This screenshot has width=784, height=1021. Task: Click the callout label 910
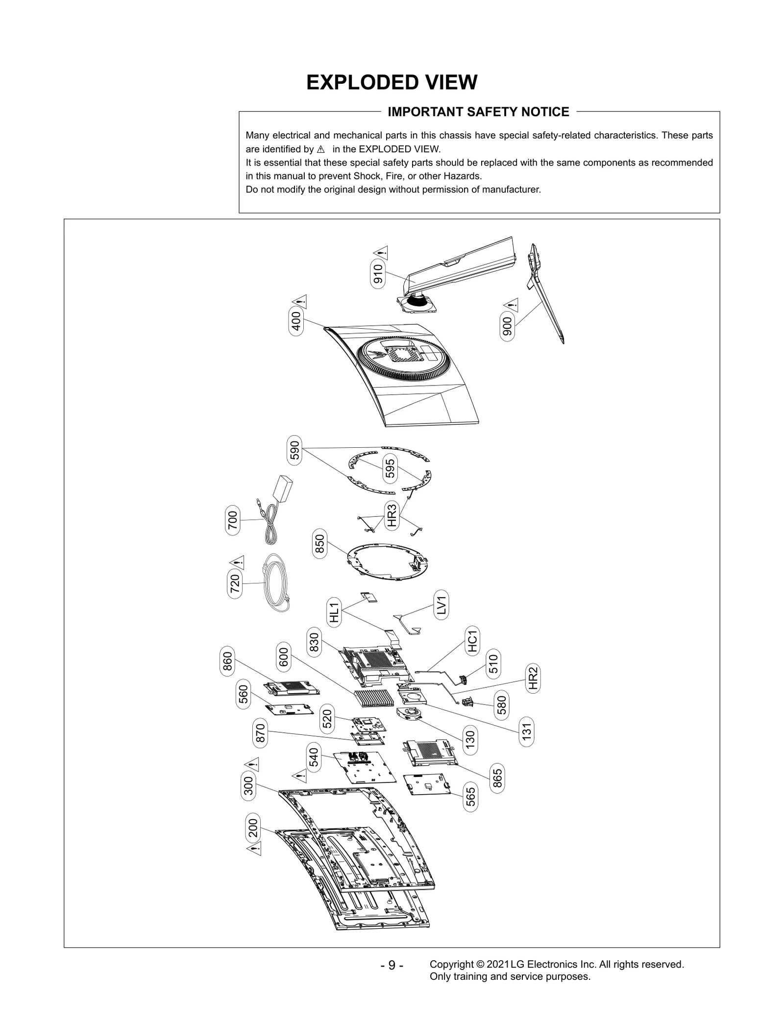[378, 275]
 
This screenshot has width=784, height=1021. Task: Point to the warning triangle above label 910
[381, 253]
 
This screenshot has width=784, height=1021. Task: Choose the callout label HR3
[392, 515]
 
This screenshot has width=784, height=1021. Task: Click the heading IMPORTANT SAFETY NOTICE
[478, 112]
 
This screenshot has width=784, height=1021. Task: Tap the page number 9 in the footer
[392, 965]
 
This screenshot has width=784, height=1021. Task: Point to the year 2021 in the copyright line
[497, 964]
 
